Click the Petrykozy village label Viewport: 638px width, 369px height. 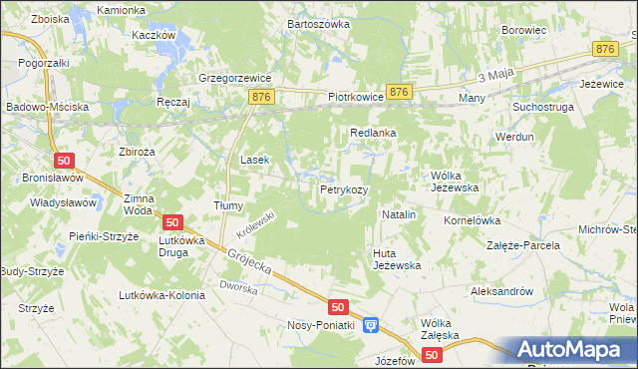coord(344,188)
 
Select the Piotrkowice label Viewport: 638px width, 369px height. coord(356,98)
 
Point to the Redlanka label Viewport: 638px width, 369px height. coord(373,132)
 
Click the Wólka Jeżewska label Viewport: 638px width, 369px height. coord(455,181)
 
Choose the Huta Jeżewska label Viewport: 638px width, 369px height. coord(397,259)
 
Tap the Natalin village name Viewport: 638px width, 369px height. coord(399,214)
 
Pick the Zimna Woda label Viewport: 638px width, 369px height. coord(139,204)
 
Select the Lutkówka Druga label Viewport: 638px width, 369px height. coord(181,246)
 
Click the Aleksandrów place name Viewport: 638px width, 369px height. coord(502,291)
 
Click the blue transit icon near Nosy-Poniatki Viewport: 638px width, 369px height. coord(371,324)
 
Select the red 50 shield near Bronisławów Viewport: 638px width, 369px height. coord(63,161)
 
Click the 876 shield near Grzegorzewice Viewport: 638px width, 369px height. coord(262,96)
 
